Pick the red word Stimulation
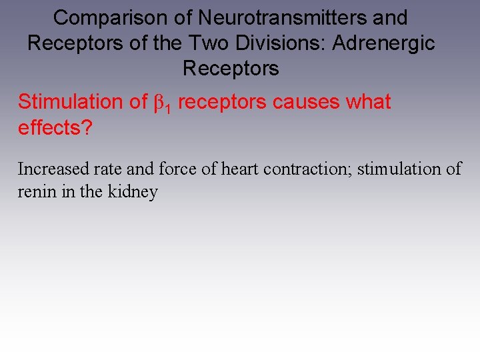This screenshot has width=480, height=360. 67,103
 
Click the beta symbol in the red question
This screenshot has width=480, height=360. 158,103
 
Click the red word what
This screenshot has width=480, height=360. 369,103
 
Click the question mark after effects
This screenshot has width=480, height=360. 86,127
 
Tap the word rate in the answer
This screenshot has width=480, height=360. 103,169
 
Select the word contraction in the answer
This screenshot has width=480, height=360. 307,169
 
